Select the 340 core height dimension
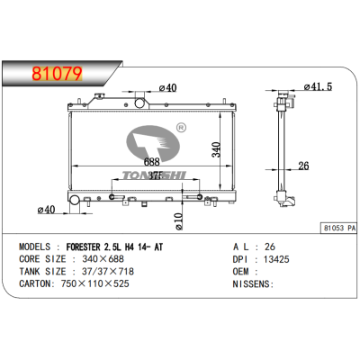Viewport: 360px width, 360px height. [x=216, y=148]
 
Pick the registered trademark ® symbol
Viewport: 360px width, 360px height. [x=180, y=129]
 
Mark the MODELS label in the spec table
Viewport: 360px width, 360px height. [x=36, y=246]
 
